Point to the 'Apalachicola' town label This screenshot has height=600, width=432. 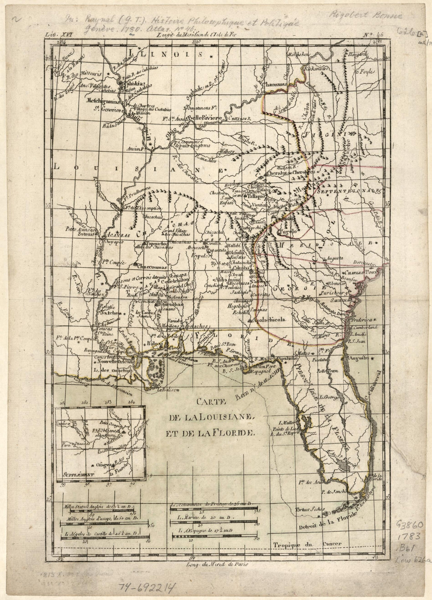pos(268,320)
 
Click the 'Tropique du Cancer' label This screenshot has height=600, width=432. pos(306,545)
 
